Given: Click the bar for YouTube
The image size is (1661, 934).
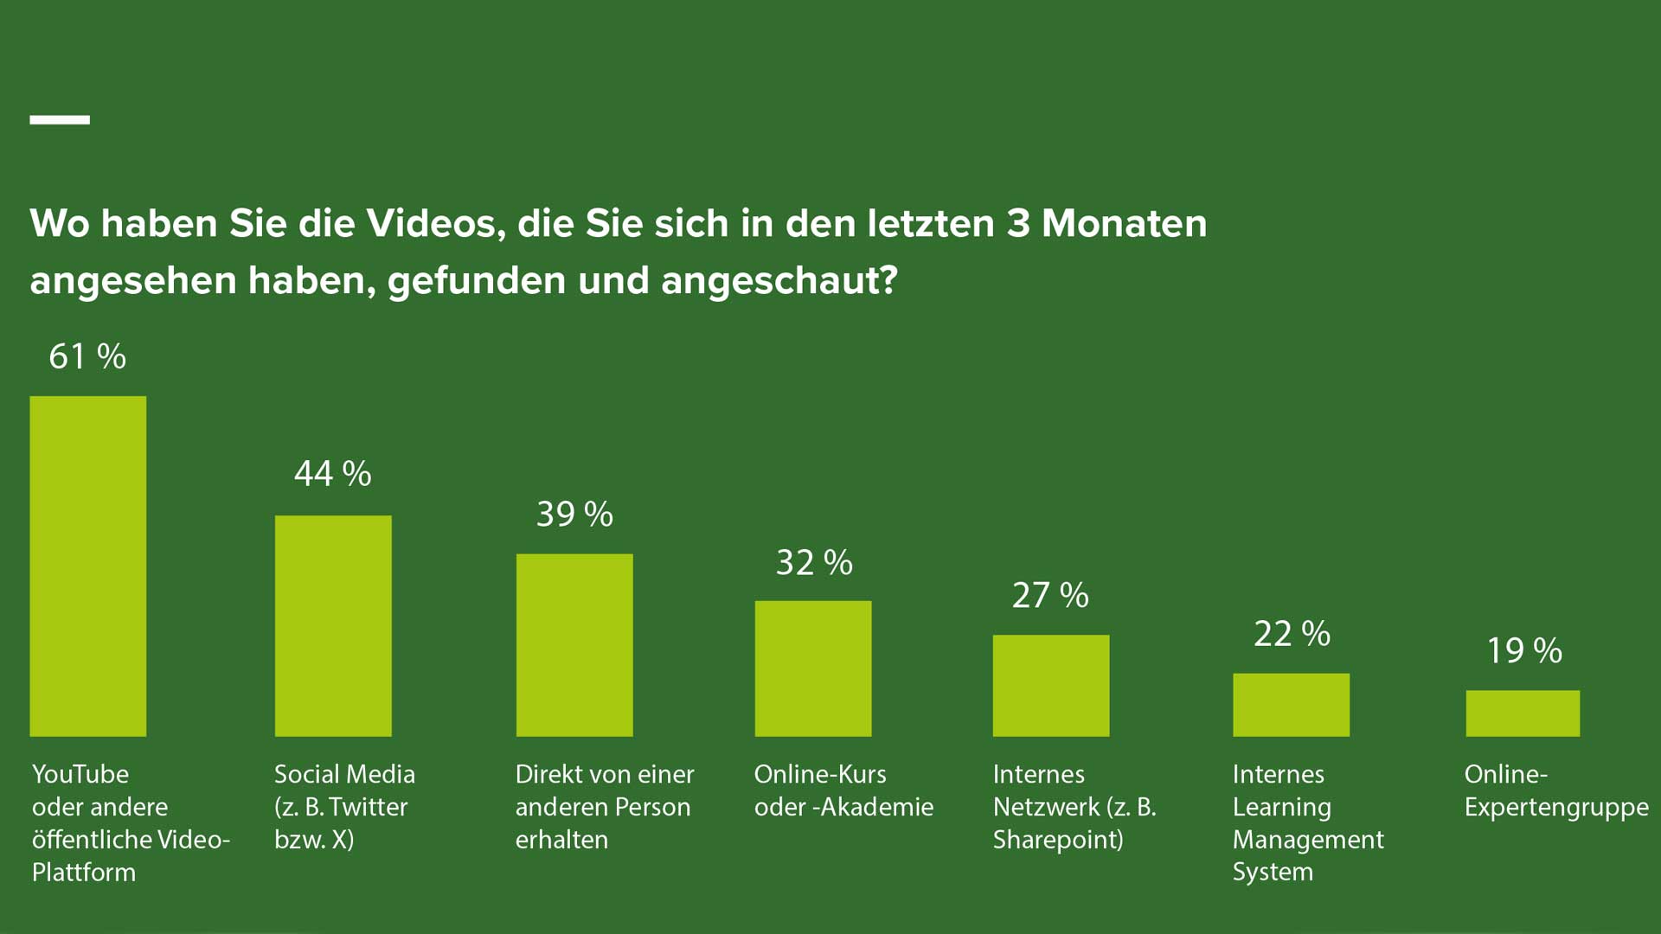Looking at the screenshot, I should [87, 566].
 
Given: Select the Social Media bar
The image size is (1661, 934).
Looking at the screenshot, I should [333, 626].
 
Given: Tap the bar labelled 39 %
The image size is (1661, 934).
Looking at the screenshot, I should [574, 645].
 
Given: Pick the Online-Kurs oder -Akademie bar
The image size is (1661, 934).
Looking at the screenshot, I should [813, 669].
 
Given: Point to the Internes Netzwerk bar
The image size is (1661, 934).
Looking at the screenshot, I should [1051, 686].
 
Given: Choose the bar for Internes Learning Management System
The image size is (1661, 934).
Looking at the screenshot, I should [1291, 705].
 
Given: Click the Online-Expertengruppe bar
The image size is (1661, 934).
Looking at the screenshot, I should [1523, 713].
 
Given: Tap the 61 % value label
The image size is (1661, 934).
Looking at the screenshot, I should [87, 356].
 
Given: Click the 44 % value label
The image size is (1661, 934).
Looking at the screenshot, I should [333, 473].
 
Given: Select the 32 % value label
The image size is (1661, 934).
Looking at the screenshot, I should [814, 562].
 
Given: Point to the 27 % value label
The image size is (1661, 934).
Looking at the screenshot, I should [1050, 595].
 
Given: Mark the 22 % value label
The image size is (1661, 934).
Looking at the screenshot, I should [1292, 634].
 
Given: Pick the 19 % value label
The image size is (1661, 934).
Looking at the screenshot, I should [1524, 650].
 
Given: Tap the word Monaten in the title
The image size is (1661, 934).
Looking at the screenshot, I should [1124, 224].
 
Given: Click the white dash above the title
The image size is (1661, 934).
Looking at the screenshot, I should [60, 120].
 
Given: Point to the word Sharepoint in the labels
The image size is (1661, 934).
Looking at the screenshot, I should [1057, 840].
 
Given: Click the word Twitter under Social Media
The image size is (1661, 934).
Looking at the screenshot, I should [368, 807].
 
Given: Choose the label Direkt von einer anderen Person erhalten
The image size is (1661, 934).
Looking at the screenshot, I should [604, 807].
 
